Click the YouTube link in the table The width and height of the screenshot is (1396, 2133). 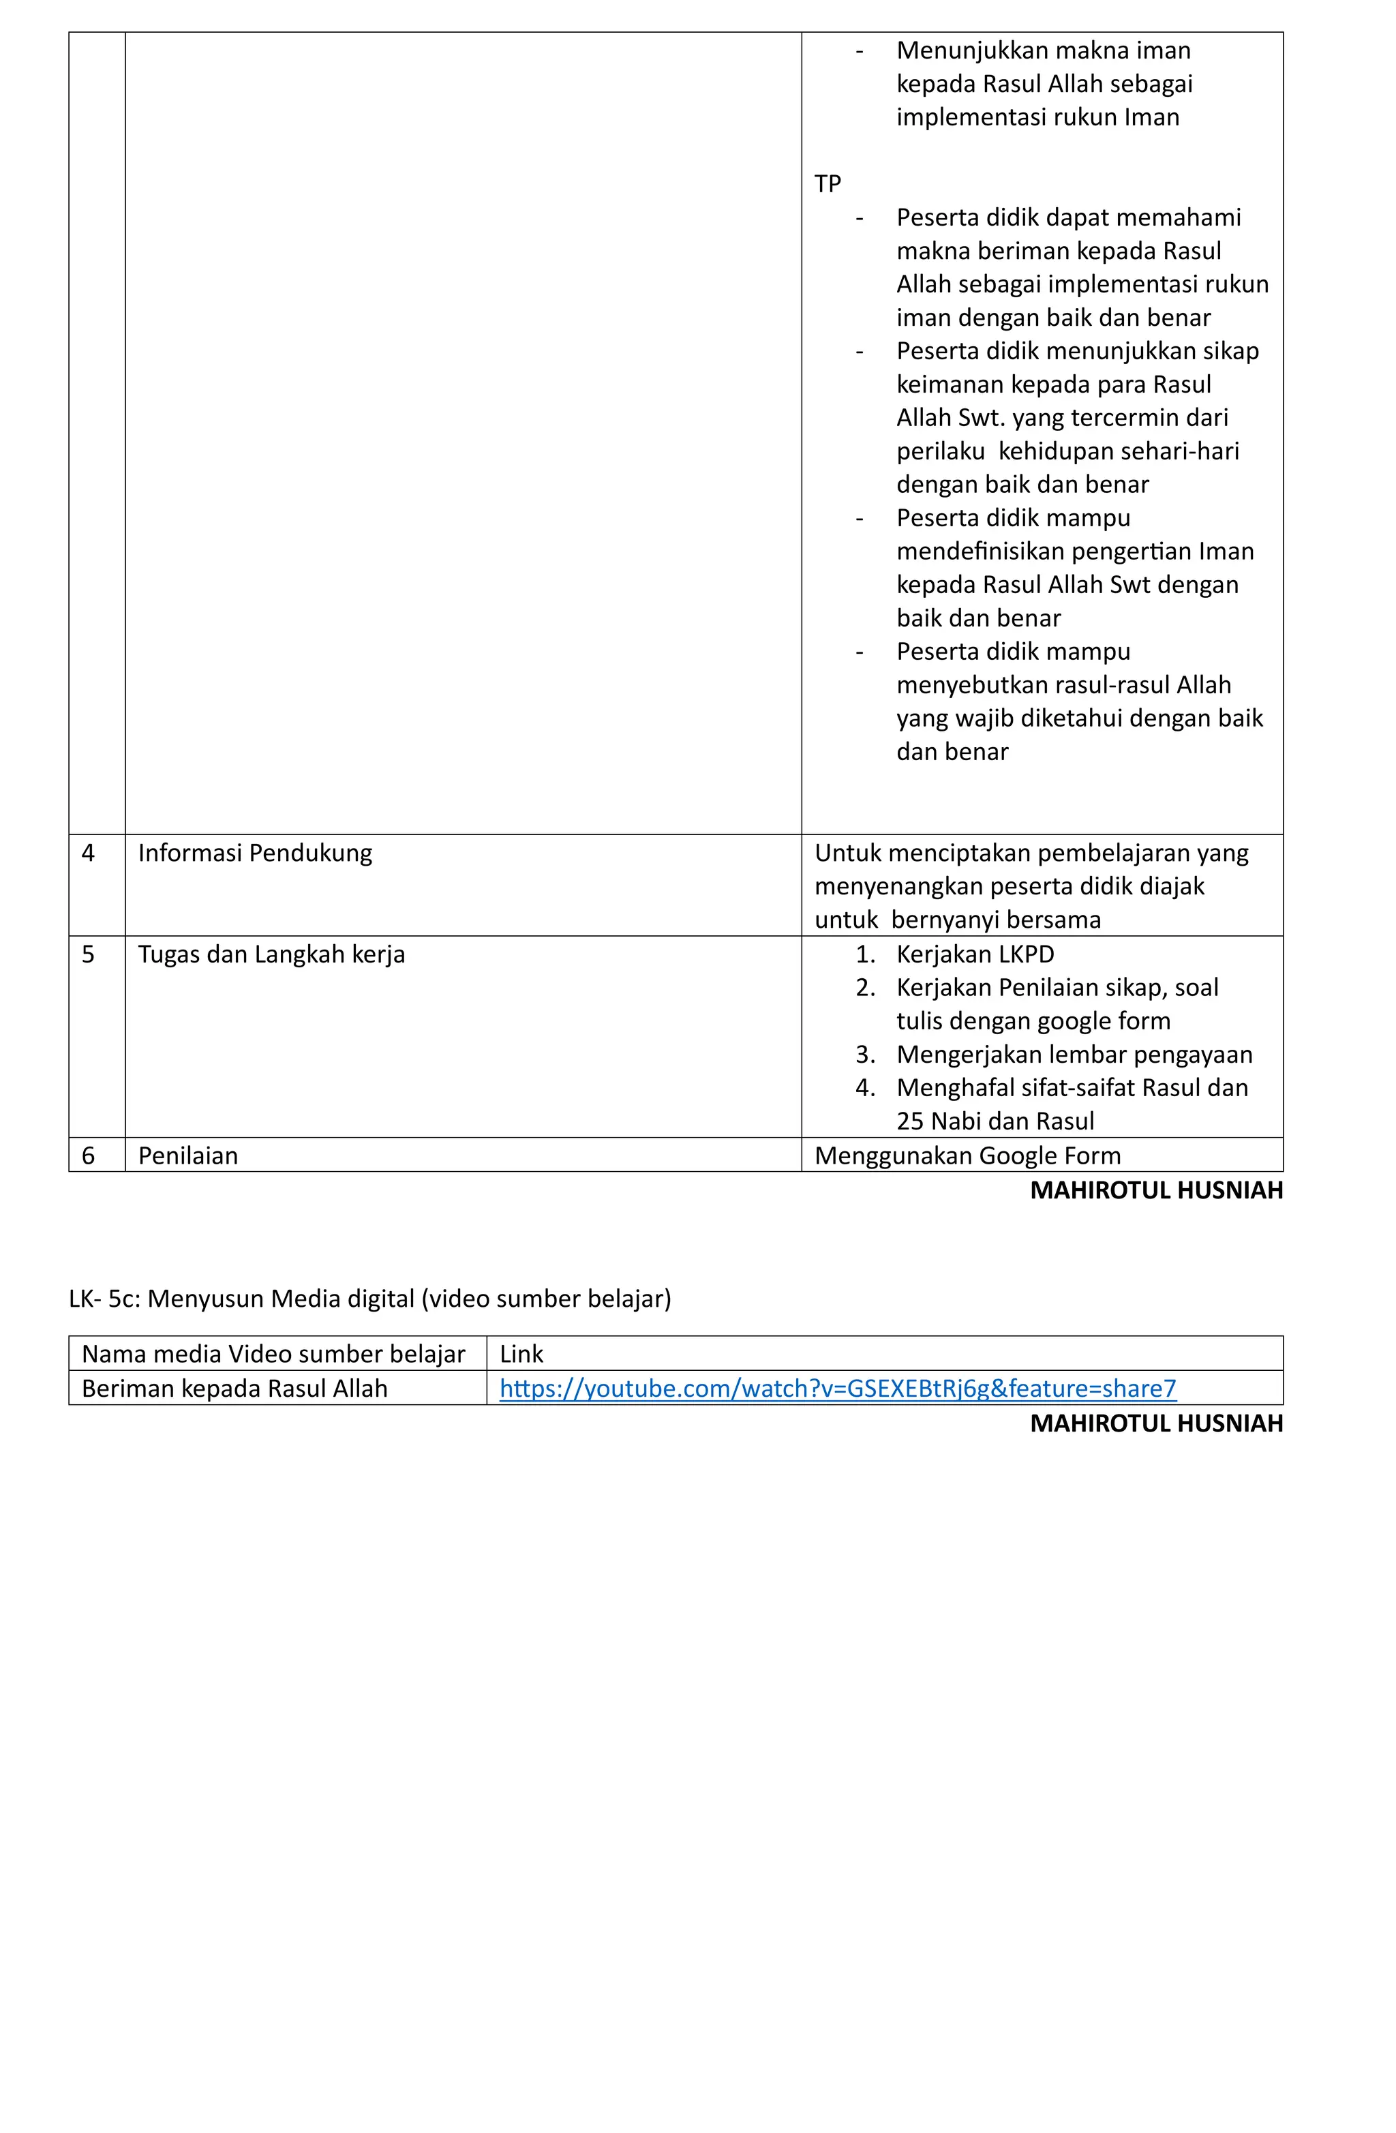pyautogui.click(x=837, y=1387)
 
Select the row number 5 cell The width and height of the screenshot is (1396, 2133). pyautogui.click(x=88, y=954)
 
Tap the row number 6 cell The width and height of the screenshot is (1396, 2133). pyautogui.click(x=88, y=1155)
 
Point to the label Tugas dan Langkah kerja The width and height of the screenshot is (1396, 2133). pyautogui.click(x=271, y=954)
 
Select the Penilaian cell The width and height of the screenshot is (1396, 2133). pyautogui.click(x=188, y=1155)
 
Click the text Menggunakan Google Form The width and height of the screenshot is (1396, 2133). pyautogui.click(x=967, y=1155)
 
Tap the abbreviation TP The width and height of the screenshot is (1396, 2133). pyautogui.click(x=827, y=184)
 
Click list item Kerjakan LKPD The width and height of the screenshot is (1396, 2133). pyautogui.click(x=975, y=954)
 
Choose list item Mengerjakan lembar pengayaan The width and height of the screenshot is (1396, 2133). pyautogui.click(x=1074, y=1054)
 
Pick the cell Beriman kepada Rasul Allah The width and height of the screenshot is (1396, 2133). pyautogui.click(x=234, y=1387)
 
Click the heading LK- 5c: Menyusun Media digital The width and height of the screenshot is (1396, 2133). pyautogui.click(x=369, y=1298)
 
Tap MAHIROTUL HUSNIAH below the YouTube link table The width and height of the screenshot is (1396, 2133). pyautogui.click(x=1156, y=1423)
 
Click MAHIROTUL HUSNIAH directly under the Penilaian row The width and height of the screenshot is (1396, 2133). pyautogui.click(x=1156, y=1190)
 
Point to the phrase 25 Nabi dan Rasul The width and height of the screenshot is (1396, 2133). pyautogui.click(x=995, y=1121)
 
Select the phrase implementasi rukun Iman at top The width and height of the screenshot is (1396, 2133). pyautogui.click(x=1037, y=117)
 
